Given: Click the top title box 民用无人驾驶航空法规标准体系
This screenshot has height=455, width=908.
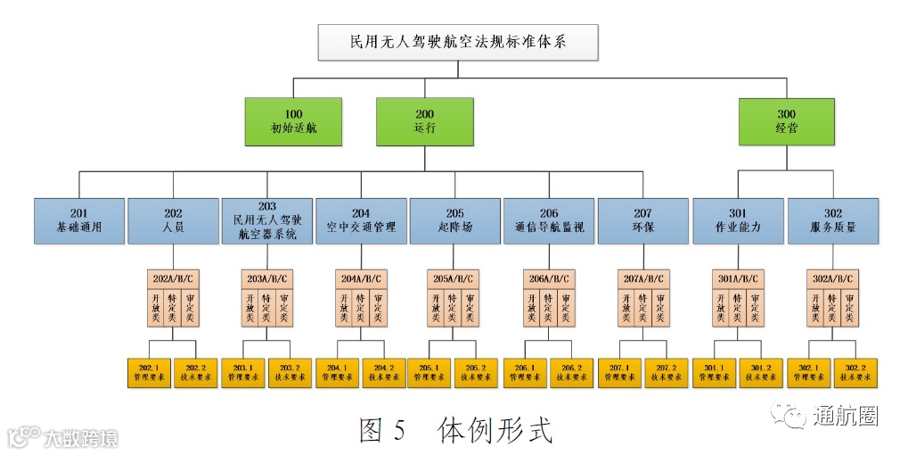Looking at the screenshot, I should (x=458, y=42).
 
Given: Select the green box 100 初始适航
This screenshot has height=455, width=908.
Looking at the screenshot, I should (x=294, y=121).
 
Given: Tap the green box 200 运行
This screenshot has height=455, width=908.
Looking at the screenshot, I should (x=424, y=121).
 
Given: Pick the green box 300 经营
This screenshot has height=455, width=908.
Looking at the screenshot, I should (x=786, y=121).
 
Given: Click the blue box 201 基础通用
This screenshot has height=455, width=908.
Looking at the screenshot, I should (x=79, y=220).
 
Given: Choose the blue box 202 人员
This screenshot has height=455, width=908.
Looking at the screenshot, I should (x=173, y=220).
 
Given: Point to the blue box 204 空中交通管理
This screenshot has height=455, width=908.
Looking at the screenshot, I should (x=360, y=220).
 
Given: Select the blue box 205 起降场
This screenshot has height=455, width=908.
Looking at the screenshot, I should (x=454, y=220).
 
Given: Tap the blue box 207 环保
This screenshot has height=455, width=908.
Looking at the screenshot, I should (x=642, y=220).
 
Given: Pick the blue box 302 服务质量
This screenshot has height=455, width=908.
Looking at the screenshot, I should (x=832, y=220).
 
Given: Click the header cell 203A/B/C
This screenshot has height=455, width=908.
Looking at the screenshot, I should (x=266, y=277).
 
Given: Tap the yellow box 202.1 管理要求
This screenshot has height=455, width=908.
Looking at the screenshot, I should (x=149, y=371).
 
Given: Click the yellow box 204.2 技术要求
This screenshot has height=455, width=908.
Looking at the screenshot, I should (x=384, y=371).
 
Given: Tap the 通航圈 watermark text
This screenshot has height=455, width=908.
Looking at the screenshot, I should (x=844, y=414).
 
